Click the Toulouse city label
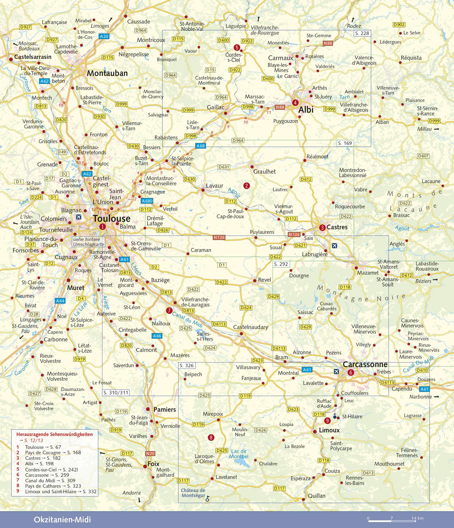click(x=112, y=218)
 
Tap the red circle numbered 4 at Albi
click(x=295, y=103)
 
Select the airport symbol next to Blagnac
click(x=78, y=217)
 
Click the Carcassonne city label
click(x=365, y=364)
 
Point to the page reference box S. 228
click(x=362, y=33)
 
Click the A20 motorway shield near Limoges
click(x=104, y=37)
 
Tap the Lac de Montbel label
click(x=239, y=453)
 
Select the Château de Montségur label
click(x=193, y=493)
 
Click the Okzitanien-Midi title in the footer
click(x=62, y=520)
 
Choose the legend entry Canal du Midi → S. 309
click(x=50, y=480)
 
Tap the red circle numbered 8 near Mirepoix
click(x=211, y=438)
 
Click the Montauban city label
click(x=107, y=73)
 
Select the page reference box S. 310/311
click(x=116, y=393)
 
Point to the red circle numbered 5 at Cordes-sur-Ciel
click(x=237, y=48)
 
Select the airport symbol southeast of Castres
click(x=334, y=246)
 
